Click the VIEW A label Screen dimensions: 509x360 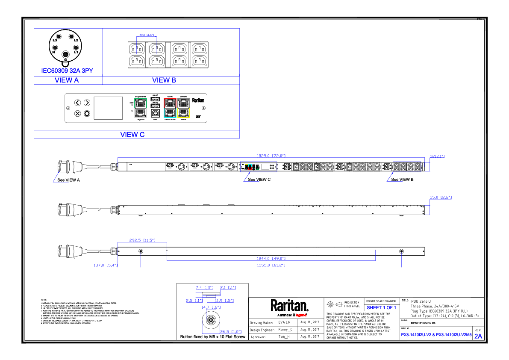pos(67,80)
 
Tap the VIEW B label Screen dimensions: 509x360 pos(164,80)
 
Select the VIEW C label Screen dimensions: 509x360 pos(132,134)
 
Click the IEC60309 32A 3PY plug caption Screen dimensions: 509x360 pos(67,71)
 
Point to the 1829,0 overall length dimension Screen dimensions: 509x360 pos(271,156)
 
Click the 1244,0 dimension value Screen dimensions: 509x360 pos(271,258)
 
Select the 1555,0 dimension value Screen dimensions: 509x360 pos(271,265)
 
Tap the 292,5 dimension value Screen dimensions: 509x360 pos(142,240)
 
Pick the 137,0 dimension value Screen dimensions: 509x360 pos(106,265)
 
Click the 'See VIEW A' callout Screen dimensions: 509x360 pos(69,180)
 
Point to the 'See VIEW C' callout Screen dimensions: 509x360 pos(259,180)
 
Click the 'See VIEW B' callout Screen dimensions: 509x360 pos(402,180)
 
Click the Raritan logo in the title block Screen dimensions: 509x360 pos(289,307)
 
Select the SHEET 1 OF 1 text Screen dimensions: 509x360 pos(381,307)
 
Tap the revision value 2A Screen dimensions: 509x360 pos(478,336)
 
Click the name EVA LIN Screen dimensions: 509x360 pos(284,322)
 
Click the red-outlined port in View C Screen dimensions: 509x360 pos(170,102)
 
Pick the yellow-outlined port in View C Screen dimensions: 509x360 pos(184,113)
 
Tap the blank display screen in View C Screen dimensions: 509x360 pos(108,108)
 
